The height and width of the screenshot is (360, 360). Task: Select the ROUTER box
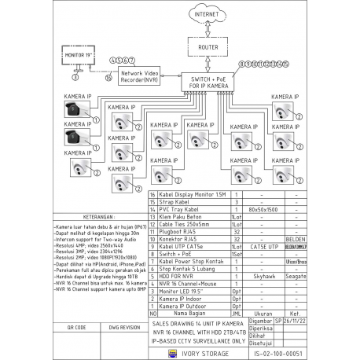[x=208, y=47]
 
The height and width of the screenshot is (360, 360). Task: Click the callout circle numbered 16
[x=109, y=78]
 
